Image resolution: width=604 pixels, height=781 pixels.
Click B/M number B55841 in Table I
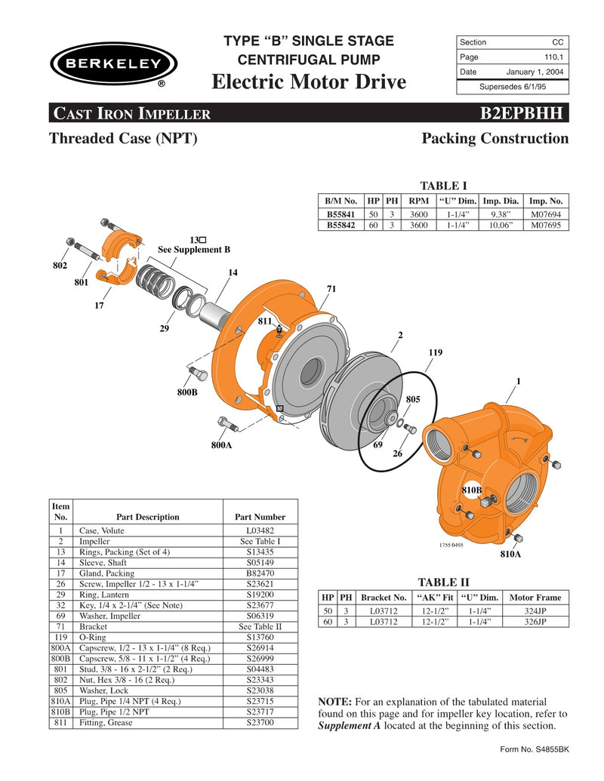341,214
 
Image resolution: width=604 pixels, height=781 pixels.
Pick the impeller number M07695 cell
545,225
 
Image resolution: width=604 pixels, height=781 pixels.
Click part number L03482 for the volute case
260,530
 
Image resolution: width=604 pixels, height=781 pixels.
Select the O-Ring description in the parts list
94,637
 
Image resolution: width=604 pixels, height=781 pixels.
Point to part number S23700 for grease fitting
260,722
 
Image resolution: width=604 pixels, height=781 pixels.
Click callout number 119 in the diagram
435,352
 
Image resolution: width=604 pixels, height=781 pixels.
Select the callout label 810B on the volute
471,490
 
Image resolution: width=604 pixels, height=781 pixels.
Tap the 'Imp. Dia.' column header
501,201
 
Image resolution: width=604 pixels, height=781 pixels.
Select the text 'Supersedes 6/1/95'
512,86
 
